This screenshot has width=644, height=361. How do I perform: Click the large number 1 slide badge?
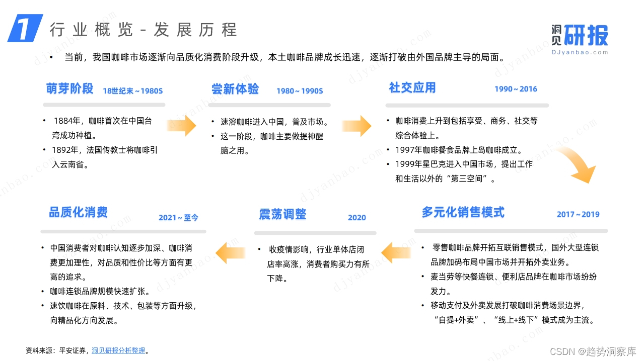tap(25, 28)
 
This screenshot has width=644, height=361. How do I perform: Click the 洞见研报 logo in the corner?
tap(579, 38)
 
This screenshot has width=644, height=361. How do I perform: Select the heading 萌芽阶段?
tap(70, 88)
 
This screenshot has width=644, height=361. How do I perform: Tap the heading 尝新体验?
tap(235, 89)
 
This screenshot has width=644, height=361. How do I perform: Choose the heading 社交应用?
tap(412, 87)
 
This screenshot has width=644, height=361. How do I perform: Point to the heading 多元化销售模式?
tap(463, 212)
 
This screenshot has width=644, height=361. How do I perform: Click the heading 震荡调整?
tap(282, 214)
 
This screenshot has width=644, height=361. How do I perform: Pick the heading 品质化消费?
tap(78, 212)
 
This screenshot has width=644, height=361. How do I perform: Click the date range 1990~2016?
tap(516, 89)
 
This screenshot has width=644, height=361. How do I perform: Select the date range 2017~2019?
tap(578, 214)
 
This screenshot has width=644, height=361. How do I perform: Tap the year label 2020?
tap(356, 218)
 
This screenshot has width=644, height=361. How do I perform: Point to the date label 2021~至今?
tap(178, 218)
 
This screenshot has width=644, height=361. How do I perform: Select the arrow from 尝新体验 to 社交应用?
tap(356, 125)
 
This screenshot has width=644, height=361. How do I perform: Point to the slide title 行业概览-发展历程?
tap(143, 30)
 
